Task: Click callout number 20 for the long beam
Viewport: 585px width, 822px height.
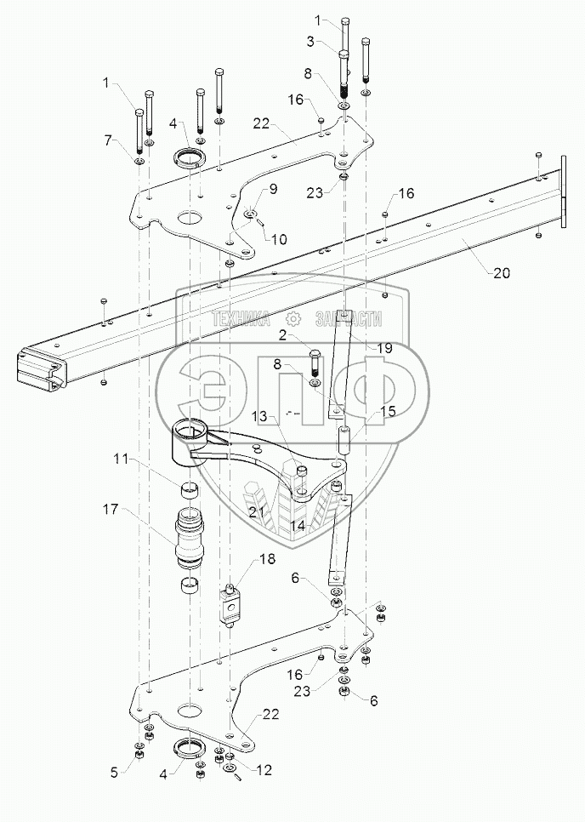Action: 502,272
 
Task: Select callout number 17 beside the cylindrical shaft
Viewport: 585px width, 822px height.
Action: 111,509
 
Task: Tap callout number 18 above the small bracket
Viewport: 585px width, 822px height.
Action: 267,559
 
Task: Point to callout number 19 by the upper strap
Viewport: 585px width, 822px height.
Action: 385,347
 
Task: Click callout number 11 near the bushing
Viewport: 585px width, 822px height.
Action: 121,460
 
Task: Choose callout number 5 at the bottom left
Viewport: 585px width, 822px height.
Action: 114,773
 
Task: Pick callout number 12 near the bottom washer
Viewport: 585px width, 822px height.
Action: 264,769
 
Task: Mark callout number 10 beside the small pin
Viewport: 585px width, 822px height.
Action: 279,240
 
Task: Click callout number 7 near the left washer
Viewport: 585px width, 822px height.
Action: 108,140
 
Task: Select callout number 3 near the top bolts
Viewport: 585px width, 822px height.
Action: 310,42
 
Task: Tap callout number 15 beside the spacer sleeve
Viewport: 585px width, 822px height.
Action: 388,411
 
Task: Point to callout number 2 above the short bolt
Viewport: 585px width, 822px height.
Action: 283,336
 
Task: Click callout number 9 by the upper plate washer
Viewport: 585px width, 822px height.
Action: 274,188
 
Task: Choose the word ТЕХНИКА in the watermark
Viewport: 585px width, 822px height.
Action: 241,318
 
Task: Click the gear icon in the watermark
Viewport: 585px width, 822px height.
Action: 293,318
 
